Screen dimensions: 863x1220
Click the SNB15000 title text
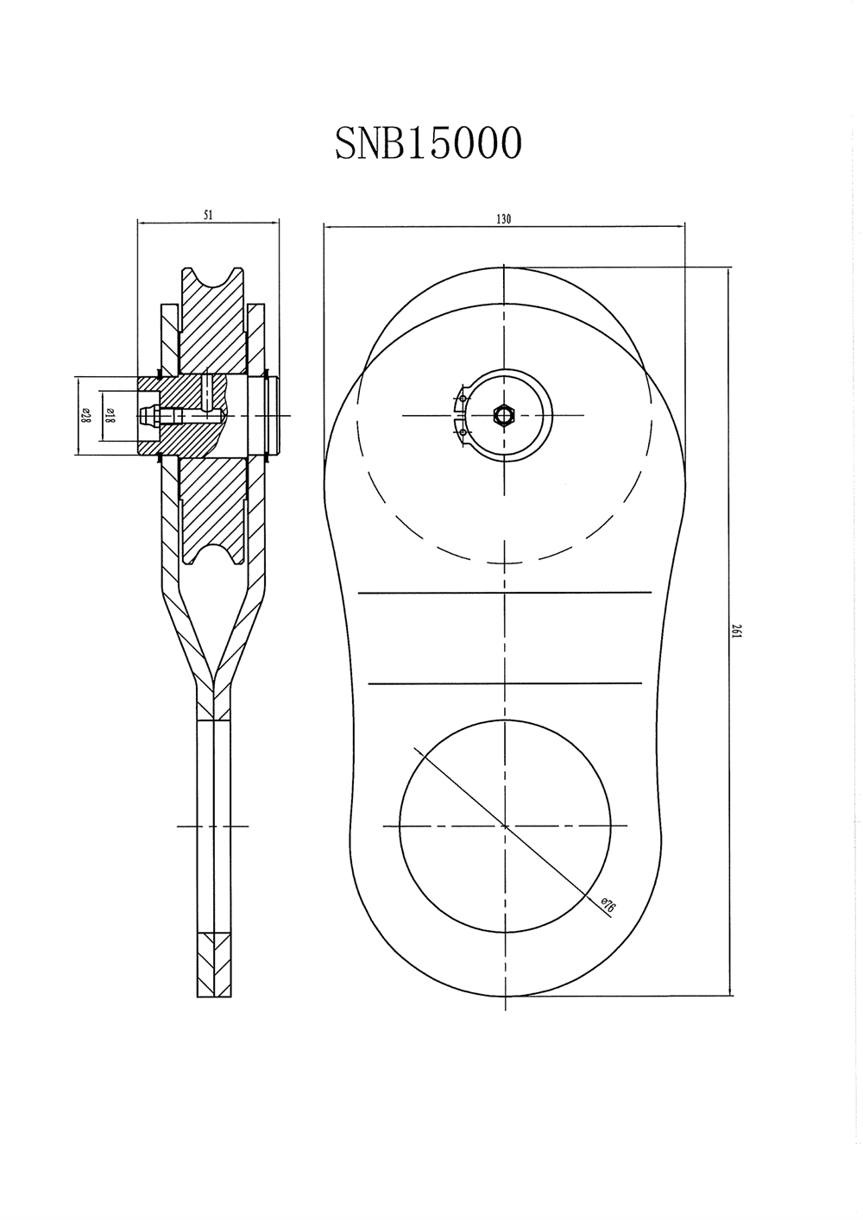(x=428, y=143)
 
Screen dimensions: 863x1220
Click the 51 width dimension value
(x=208, y=215)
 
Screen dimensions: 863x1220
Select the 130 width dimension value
(x=504, y=219)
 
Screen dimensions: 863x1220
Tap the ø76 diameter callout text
(x=608, y=905)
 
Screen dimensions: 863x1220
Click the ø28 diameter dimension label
(x=85, y=416)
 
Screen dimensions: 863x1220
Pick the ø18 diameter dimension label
(x=108, y=416)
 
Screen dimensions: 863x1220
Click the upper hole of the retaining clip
(x=463, y=399)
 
